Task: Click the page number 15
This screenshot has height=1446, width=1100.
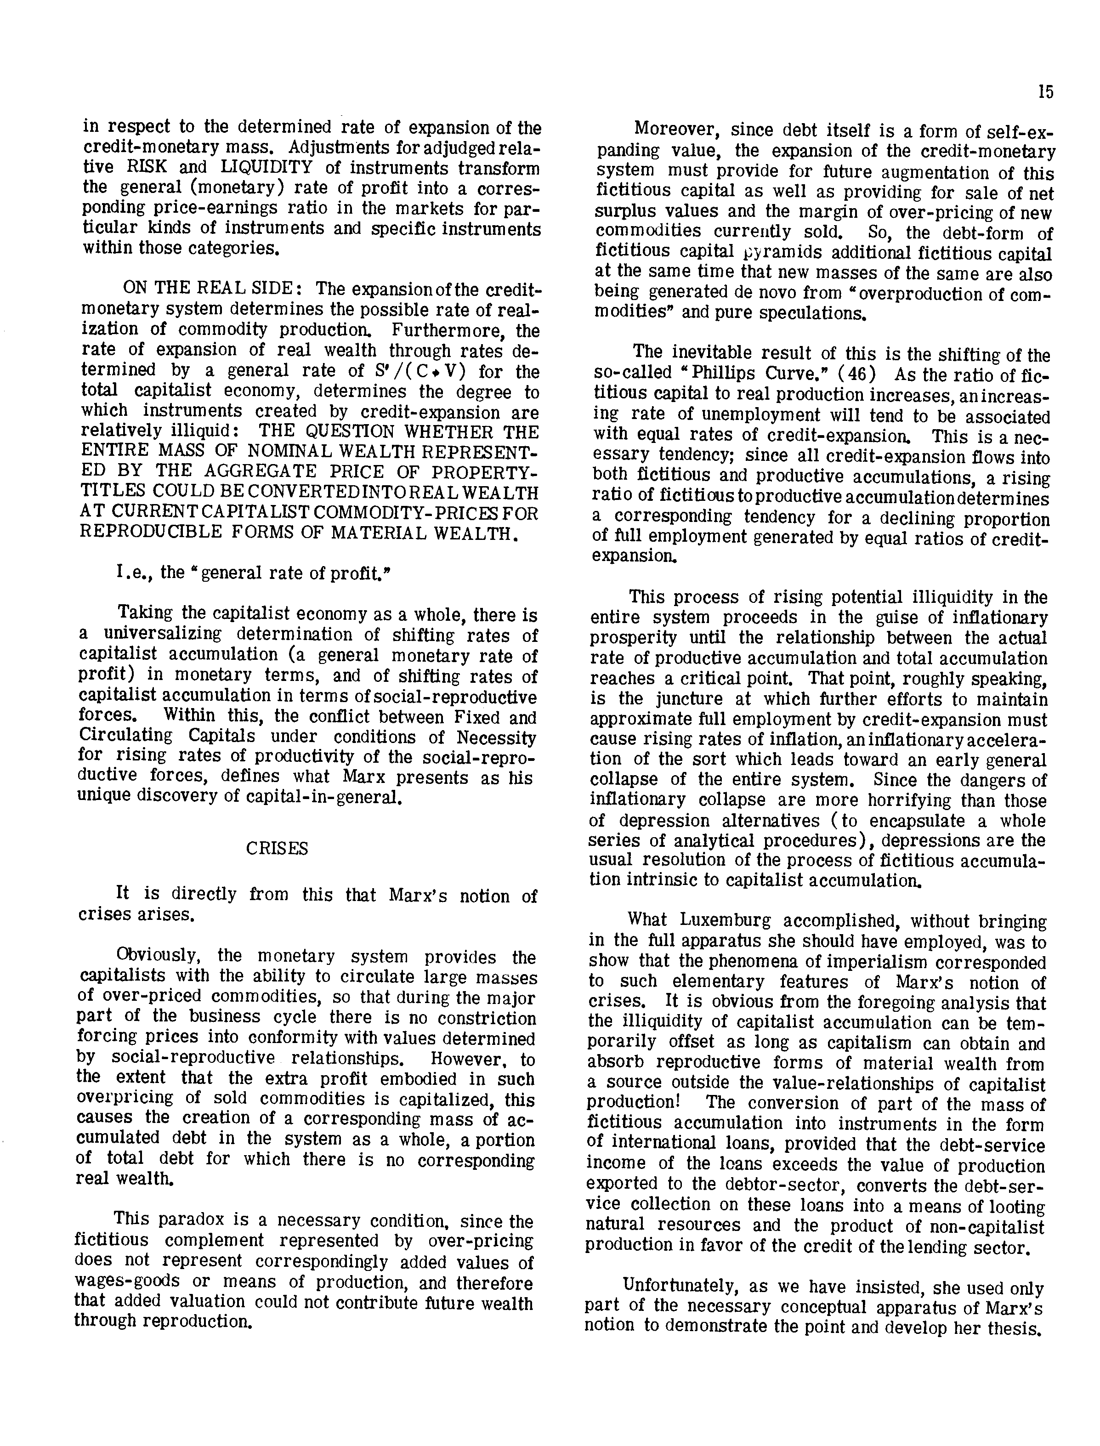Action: coord(1046,92)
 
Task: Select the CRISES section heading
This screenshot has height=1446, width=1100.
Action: coord(277,848)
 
